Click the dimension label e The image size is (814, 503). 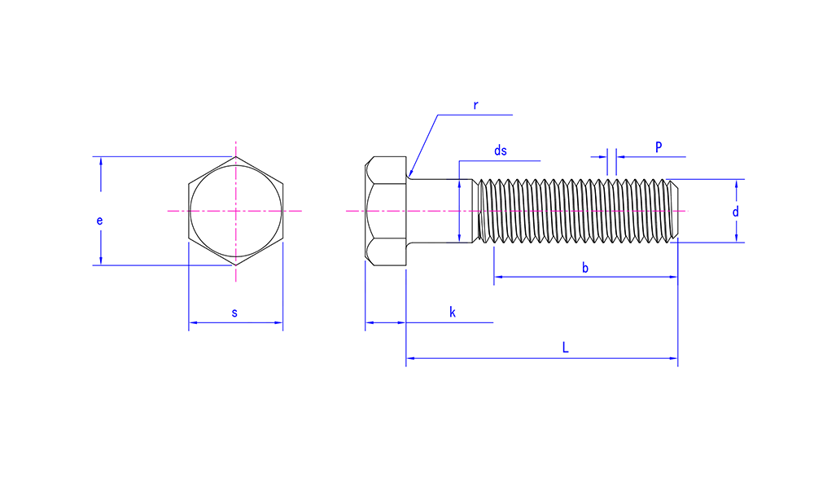pos(99,221)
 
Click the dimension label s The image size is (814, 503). pos(234,313)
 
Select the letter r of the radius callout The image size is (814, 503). pos(475,105)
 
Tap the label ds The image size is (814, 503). pos(501,151)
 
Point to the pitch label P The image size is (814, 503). pos(659,147)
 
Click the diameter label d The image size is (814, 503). pos(736,212)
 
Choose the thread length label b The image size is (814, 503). pos(585,268)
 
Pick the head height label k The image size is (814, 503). pos(452,312)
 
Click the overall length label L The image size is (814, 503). pos(566,348)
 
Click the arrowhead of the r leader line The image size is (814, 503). pos(410,174)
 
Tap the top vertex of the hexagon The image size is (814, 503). pos(236,156)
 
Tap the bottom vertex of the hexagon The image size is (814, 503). pos(236,265)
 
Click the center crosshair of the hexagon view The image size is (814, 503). pos(236,211)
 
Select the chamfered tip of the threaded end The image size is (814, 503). pos(673,211)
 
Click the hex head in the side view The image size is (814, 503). pos(386,211)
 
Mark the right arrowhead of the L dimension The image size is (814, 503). pos(674,358)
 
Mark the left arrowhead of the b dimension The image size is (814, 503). pos(498,278)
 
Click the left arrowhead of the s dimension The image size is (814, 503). pos(193,323)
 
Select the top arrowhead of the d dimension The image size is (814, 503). pos(736,184)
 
